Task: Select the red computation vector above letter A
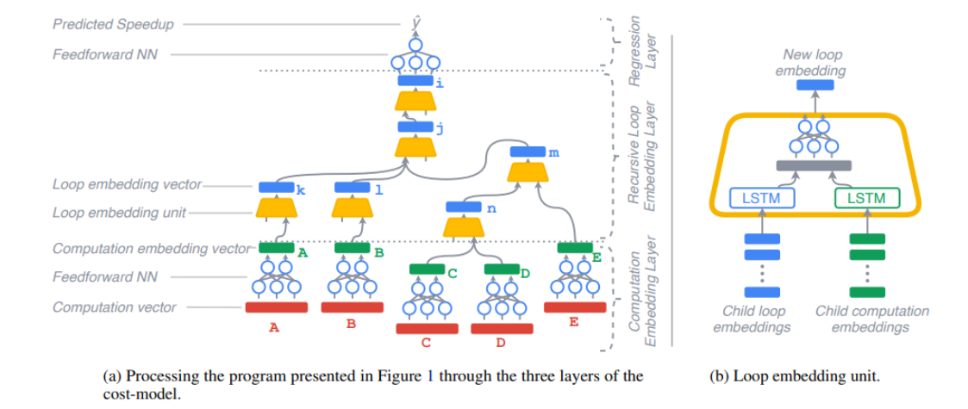277,307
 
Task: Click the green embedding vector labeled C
427,270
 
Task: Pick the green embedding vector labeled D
501,270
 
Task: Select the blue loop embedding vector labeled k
277,186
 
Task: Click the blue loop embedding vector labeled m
527,152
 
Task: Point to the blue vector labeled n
465,208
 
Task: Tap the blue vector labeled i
415,81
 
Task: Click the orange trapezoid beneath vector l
352,207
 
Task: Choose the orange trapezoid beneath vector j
415,147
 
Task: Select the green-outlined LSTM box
866,199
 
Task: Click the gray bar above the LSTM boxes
813,165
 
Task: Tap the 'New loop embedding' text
814,63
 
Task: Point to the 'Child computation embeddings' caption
871,319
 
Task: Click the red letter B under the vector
351,325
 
